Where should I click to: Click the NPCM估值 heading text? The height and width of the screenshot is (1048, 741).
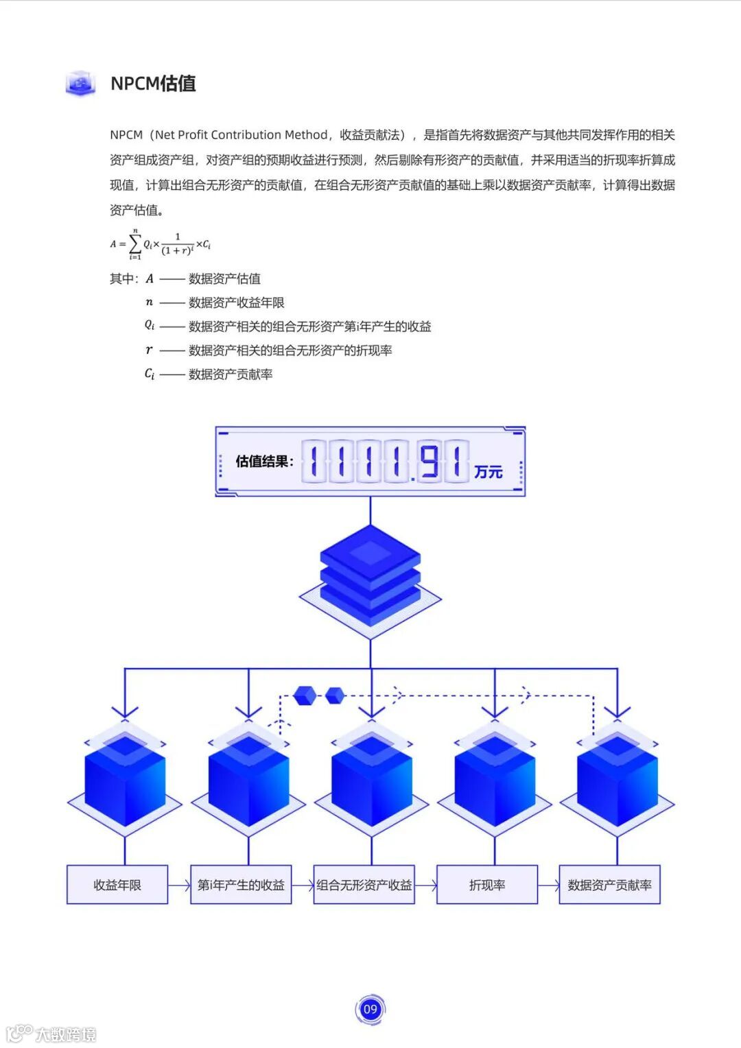point(153,84)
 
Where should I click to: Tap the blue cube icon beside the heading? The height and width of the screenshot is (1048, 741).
point(81,84)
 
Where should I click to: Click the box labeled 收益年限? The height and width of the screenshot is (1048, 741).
point(117,885)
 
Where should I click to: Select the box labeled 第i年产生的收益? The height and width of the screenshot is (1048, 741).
point(241,885)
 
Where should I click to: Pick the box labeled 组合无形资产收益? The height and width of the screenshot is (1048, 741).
point(364,885)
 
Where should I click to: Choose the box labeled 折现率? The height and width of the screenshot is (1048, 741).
point(487,885)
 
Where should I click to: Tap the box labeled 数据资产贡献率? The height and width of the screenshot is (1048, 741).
point(609,885)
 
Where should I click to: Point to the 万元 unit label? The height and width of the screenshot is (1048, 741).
point(488,472)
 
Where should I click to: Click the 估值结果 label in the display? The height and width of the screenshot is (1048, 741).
point(264,461)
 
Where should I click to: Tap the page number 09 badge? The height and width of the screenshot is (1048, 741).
point(370,1009)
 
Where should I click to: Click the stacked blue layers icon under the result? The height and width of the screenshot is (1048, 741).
point(370,576)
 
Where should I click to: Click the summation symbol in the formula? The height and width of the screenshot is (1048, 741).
point(135,244)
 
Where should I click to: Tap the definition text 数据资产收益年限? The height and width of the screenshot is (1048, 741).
point(236,302)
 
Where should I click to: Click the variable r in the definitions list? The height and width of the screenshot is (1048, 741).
point(149,350)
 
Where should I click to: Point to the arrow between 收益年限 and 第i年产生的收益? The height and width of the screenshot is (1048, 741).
point(179,885)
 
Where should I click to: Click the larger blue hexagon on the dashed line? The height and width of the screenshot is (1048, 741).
point(305,695)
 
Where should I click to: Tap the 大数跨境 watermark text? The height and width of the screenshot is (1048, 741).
point(65,1034)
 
